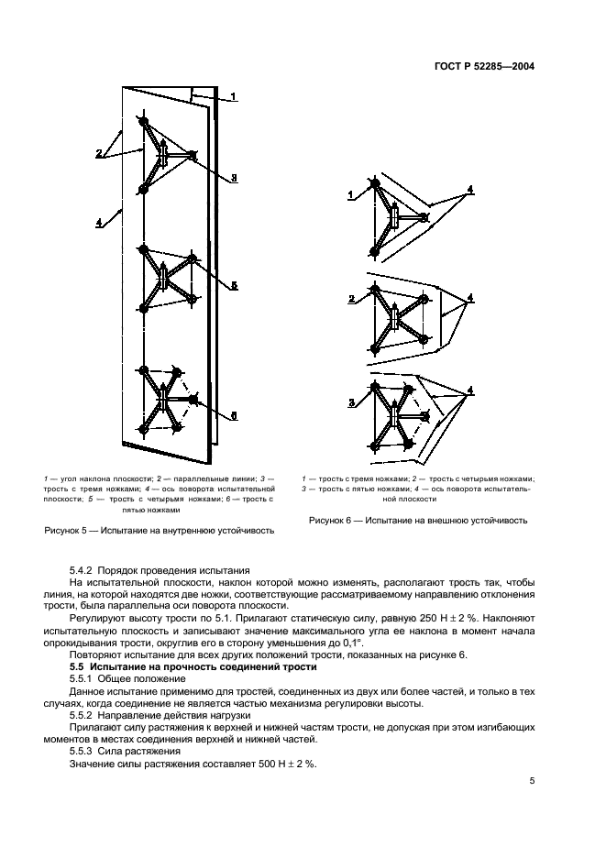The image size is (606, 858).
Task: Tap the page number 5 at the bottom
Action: (x=532, y=781)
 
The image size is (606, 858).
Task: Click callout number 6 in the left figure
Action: (x=234, y=415)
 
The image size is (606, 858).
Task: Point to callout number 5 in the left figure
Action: (x=234, y=286)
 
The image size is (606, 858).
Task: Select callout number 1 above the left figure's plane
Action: (x=233, y=96)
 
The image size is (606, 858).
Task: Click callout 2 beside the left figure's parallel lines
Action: (x=98, y=154)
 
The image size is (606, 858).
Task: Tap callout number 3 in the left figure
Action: (x=234, y=178)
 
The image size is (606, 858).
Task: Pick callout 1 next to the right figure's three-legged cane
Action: (x=350, y=195)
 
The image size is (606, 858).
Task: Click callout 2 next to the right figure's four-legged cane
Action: (x=351, y=299)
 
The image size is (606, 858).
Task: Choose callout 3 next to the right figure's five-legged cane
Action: (x=351, y=403)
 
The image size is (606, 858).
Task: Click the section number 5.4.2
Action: (x=87, y=571)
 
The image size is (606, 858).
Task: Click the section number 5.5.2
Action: (x=87, y=715)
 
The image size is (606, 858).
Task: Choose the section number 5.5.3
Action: (x=87, y=751)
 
